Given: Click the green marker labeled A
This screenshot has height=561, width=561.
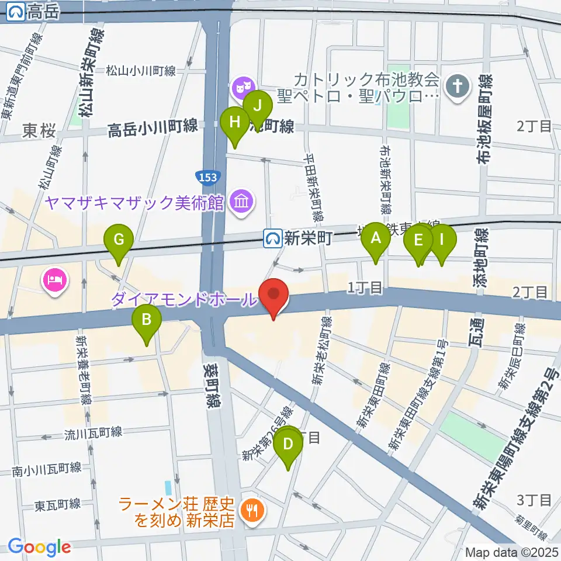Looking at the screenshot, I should pos(375,238).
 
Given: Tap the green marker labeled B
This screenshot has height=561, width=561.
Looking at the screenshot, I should pos(147,320).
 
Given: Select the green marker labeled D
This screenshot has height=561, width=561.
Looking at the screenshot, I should pos(288,444).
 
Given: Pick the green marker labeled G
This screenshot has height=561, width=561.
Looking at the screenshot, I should pos(119,240).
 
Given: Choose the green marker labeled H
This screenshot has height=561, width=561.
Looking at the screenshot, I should pos(235,122).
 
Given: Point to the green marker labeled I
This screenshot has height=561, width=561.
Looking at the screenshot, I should pos(441,239).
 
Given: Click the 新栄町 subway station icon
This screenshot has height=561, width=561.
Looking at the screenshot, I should pos(272,238).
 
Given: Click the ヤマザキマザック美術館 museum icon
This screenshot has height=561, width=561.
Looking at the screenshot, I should pos(240,203).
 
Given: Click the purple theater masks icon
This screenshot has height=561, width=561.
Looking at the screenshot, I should pos(240,89).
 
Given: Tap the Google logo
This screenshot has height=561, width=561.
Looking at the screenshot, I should pos(39,547).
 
